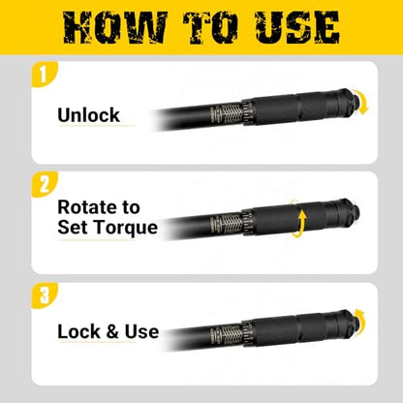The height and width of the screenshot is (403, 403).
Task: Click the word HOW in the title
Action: coord(115,27)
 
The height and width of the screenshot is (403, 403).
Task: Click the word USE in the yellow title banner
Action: coord(296,27)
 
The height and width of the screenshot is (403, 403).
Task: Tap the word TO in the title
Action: coord(210,27)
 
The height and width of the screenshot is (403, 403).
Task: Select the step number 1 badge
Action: coord(44,75)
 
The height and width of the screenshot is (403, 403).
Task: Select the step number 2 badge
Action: coord(44,184)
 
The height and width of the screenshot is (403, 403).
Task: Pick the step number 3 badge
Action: coord(44,295)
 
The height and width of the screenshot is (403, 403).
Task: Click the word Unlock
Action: coord(88,115)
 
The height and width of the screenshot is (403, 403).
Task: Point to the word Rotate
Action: coord(88,207)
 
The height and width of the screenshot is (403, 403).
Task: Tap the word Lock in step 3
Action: coord(78,331)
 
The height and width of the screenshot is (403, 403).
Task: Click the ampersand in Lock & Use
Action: coord(112,332)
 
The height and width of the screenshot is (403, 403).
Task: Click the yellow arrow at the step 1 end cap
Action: coord(362,102)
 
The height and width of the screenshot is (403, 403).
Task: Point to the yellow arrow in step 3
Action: coord(361,320)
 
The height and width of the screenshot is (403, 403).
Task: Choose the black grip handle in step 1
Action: coord(289,108)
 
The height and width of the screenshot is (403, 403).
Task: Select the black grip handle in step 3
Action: coord(289,328)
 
